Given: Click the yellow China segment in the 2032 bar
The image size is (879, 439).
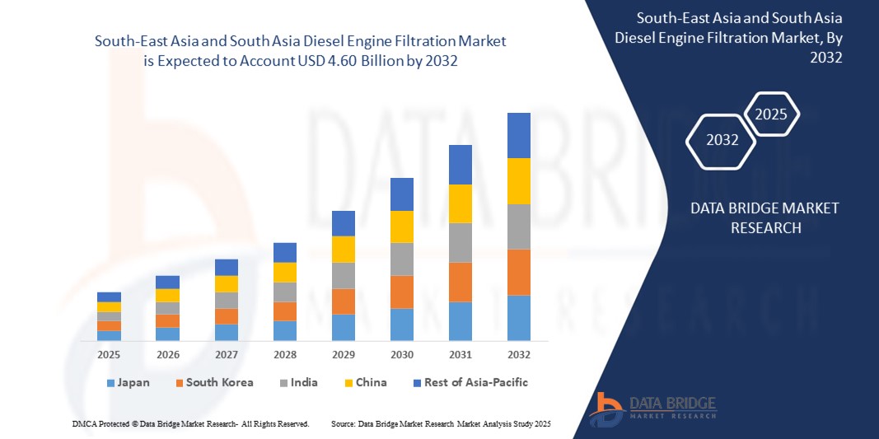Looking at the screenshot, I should [x=518, y=181].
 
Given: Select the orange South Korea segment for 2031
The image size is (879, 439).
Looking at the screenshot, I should [x=460, y=282].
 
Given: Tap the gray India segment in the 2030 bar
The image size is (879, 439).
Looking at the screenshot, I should [x=401, y=259].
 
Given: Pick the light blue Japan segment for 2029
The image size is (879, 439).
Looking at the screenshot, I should [x=343, y=327].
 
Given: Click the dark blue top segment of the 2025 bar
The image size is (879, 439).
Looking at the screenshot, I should [x=109, y=297].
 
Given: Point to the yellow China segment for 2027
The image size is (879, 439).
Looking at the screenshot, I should [x=226, y=284].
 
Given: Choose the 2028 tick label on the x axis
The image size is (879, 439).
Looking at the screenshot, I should [x=284, y=355].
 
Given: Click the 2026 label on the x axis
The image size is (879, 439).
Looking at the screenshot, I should [x=167, y=355].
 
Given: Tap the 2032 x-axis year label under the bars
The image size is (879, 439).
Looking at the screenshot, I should [x=518, y=355].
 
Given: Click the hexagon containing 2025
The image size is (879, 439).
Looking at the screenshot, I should [x=771, y=114].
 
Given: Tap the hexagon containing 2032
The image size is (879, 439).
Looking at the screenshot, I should [x=722, y=140].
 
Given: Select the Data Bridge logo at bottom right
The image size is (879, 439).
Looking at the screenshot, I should [x=655, y=407].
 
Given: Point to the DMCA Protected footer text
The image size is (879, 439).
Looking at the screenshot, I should [x=190, y=423].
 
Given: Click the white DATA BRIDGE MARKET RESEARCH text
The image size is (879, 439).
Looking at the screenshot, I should [x=765, y=217].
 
